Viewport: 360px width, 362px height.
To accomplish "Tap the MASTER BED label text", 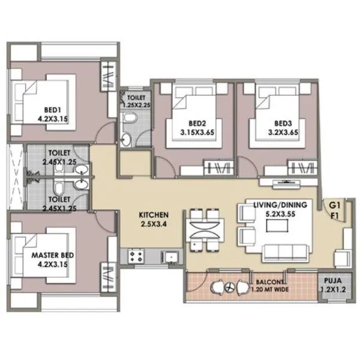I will coord(53,255).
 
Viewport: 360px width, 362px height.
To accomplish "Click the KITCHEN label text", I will coord(154,215).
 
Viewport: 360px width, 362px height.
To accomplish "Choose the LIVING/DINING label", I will coord(280,205).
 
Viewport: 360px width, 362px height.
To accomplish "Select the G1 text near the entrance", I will coord(334,205).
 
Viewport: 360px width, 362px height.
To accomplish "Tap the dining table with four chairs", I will coord(205,231).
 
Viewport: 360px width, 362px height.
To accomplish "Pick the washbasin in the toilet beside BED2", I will coord(127,140).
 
